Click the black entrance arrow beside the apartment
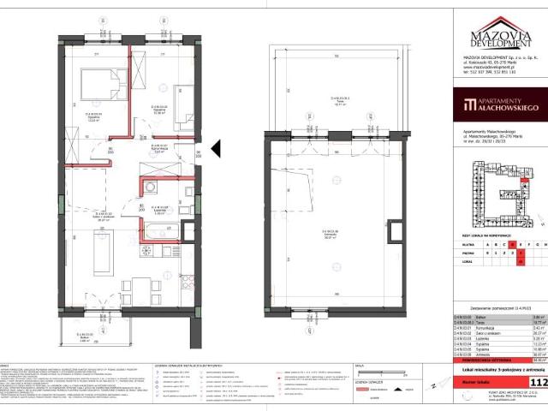(217, 149)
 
